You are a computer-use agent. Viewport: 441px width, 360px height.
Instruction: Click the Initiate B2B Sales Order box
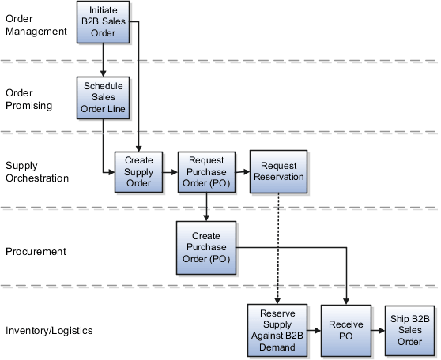click(x=103, y=21)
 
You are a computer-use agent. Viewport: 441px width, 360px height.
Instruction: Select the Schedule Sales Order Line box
click(x=103, y=97)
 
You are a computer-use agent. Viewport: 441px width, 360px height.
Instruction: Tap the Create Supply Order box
click(x=138, y=172)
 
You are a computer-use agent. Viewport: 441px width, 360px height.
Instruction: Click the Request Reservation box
click(x=277, y=171)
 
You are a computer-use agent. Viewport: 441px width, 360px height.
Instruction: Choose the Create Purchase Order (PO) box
click(x=205, y=247)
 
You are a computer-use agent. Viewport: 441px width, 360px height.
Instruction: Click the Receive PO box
click(x=346, y=330)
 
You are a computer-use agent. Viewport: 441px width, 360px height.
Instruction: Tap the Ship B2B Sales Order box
click(x=410, y=330)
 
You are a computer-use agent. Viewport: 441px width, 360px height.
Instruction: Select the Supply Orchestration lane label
click(x=37, y=171)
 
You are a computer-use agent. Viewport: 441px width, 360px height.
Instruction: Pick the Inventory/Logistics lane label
click(x=49, y=330)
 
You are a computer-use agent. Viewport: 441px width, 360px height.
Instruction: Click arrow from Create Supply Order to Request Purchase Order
click(x=170, y=172)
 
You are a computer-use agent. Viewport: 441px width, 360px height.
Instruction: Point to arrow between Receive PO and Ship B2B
click(x=378, y=330)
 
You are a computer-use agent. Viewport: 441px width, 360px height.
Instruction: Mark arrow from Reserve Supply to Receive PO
click(x=312, y=330)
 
